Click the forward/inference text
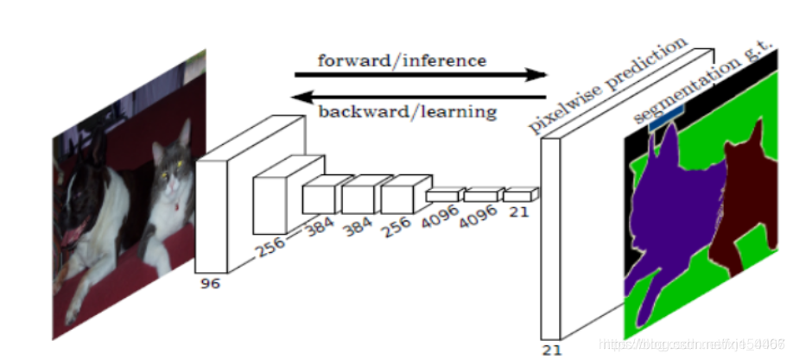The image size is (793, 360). [x=402, y=60]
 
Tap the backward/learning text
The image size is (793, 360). [x=407, y=111]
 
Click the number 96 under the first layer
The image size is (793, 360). [x=211, y=283]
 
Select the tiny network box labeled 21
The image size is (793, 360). [x=521, y=194]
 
